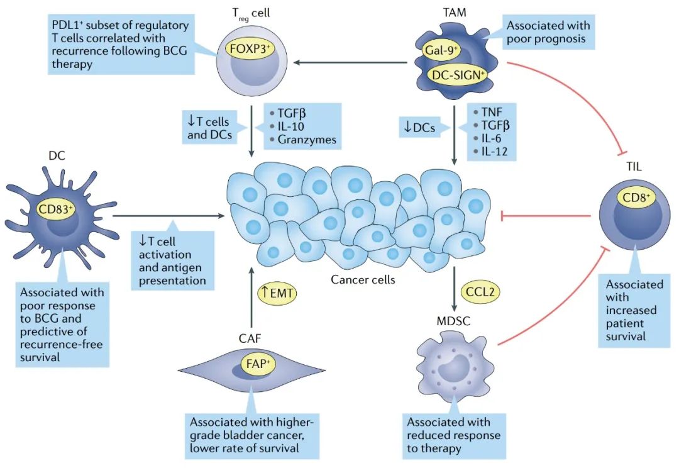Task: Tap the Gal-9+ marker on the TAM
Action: pos(441,50)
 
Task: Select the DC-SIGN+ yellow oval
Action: pos(457,75)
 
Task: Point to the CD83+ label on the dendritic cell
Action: pos(55,209)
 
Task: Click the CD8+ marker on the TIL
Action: pos(636,198)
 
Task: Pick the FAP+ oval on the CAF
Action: pos(258,364)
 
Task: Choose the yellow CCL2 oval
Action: pos(480,291)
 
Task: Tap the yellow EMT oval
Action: pos(277,293)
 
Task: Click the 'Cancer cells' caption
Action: pos(363,279)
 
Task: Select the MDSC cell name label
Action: pos(453,321)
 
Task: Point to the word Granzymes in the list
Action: pos(307,140)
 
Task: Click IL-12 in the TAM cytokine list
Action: pos(494,152)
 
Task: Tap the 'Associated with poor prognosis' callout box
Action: pos(548,32)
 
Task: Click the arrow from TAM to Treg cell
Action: pos(350,62)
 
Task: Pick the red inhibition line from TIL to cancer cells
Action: pos(546,215)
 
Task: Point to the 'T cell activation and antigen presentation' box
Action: pos(173,260)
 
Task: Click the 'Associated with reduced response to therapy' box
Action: pos(453,435)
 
